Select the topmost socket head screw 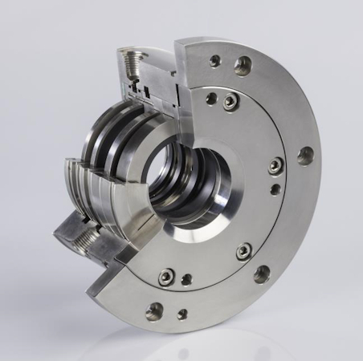230,101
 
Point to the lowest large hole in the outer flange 153,311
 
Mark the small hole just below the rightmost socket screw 275,189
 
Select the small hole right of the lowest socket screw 187,280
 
